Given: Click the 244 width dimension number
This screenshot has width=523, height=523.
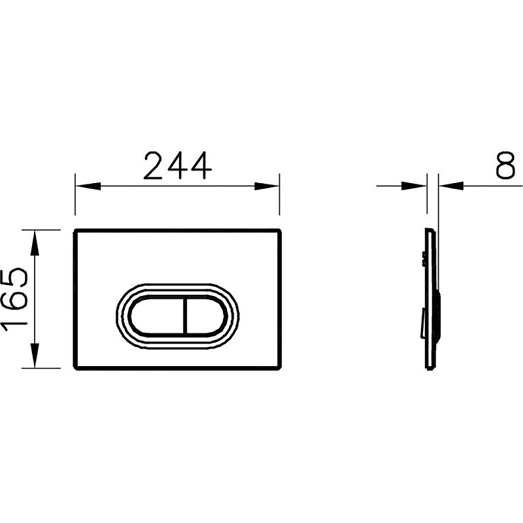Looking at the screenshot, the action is [177, 165].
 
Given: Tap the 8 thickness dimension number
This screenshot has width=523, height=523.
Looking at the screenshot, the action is [505, 165].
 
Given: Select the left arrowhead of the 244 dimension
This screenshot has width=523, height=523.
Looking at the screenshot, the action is [88, 186].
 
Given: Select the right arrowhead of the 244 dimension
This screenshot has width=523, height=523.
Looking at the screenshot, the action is [267, 186].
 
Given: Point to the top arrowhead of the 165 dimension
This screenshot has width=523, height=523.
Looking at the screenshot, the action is [35, 243].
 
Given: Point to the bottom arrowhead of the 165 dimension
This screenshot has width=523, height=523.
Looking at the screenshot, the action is [35, 355].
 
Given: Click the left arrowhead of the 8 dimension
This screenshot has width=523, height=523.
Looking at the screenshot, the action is [414, 186].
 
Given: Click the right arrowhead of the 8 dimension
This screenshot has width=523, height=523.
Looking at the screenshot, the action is [451, 186].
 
